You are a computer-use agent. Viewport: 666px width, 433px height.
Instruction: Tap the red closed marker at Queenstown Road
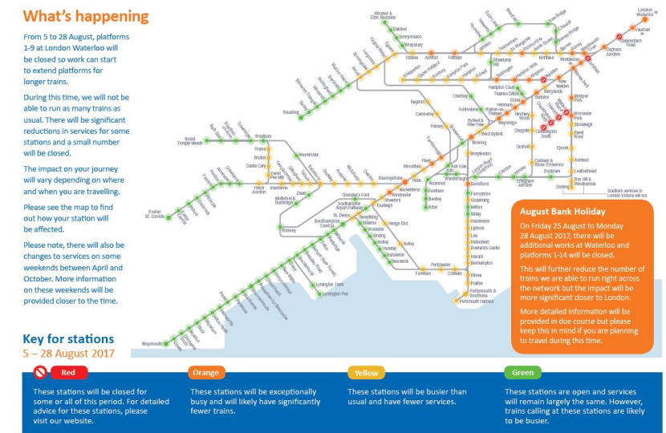[x=619, y=35]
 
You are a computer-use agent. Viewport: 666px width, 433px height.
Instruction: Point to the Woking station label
[x=479, y=142]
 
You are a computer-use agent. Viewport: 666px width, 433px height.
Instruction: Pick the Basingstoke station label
[x=390, y=177]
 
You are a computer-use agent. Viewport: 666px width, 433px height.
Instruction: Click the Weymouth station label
[x=152, y=343]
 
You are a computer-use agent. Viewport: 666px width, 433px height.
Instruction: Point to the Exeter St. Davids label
[x=156, y=214]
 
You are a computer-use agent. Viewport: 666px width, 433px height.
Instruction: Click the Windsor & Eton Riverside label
[x=383, y=15]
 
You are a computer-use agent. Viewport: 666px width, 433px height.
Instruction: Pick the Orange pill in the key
[x=207, y=373]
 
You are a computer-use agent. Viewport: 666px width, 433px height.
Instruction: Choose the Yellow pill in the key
[x=366, y=373]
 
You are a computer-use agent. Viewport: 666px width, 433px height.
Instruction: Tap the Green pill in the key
[x=522, y=373]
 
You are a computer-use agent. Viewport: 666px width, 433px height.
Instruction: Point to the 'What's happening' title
[x=85, y=17]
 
